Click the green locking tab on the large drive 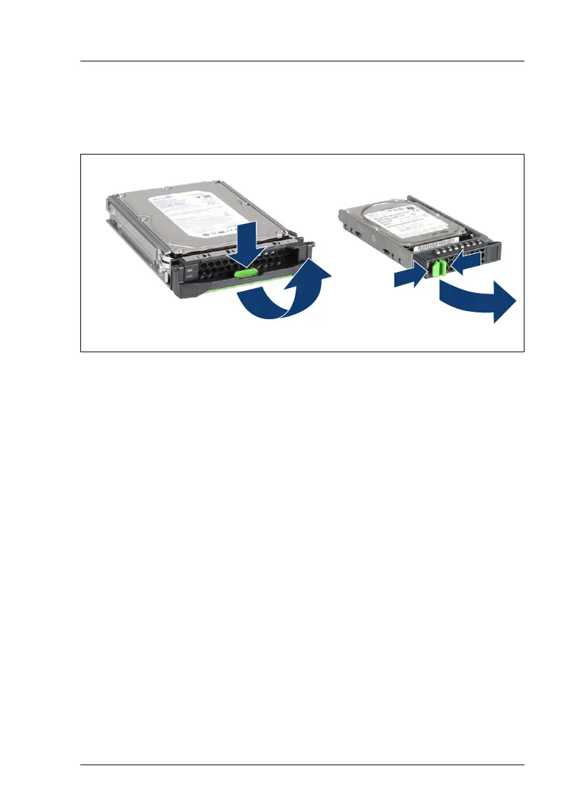247,273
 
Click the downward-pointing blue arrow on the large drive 246,244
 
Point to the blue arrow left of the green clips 412,277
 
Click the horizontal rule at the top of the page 302,61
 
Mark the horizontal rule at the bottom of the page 302,765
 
